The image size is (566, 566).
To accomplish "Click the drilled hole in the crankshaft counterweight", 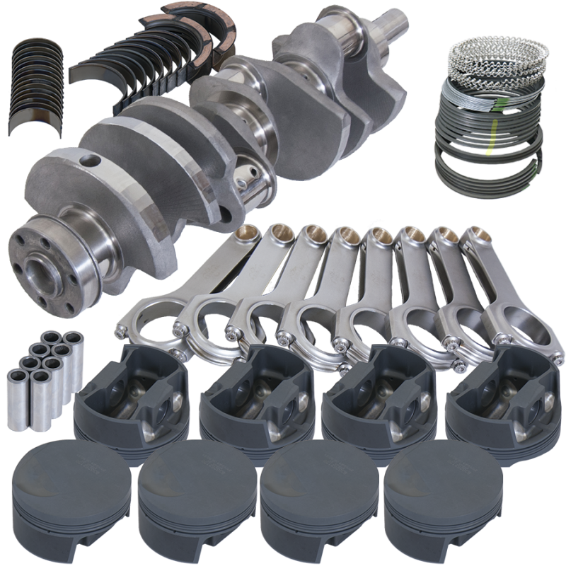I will click(x=88, y=161).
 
